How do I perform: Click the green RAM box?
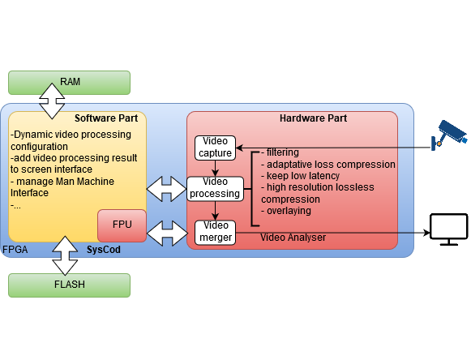pyautogui.click(x=69, y=83)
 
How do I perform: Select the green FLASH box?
pyautogui.click(x=69, y=285)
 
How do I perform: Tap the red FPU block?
pyautogui.click(x=122, y=225)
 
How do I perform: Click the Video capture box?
pyautogui.click(x=215, y=148)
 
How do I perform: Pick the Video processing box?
pyautogui.click(x=215, y=189)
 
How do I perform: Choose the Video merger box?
pyautogui.click(x=215, y=233)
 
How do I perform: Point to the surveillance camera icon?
pyautogui.click(x=449, y=135)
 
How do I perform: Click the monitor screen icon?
pyautogui.click(x=449, y=229)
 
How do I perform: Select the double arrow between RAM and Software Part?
pyautogui.click(x=52, y=101)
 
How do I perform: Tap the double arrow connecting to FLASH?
pyautogui.click(x=65, y=255)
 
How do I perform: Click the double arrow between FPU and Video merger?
pyautogui.click(x=167, y=234)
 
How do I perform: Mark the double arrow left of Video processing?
pyautogui.click(x=167, y=189)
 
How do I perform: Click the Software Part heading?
pyautogui.click(x=106, y=118)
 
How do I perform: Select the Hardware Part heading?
pyautogui.click(x=313, y=118)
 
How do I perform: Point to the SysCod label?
pyautogui.click(x=104, y=250)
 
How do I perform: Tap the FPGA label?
pyautogui.click(x=15, y=250)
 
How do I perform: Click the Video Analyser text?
pyautogui.click(x=293, y=238)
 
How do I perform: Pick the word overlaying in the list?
pyautogui.click(x=289, y=211)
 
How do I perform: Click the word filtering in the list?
pyautogui.click(x=283, y=152)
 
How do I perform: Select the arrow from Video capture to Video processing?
pyautogui.click(x=215, y=169)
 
